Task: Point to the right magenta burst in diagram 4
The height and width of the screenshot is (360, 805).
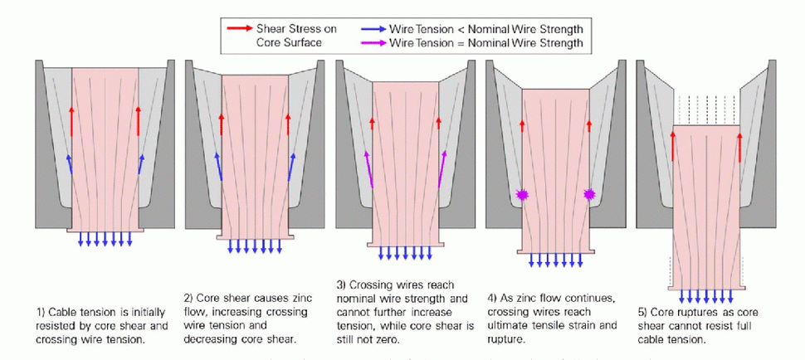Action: (x=590, y=194)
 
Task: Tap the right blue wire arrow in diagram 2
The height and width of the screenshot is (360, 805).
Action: (x=291, y=167)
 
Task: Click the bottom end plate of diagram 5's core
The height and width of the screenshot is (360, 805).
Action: (x=705, y=288)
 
